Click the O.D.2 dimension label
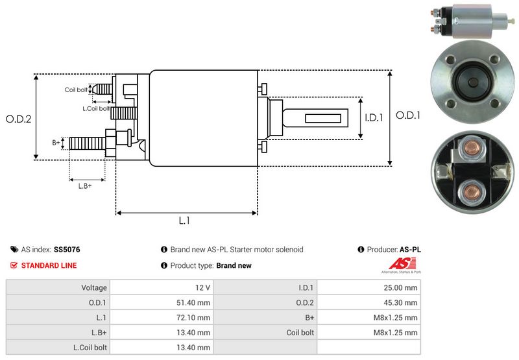coord(19,119)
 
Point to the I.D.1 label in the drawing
coord(374,118)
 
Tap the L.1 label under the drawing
coord(184,221)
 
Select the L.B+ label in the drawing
coord(85,186)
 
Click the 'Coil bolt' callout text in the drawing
coord(75,90)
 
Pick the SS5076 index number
coord(67,249)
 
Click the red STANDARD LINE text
coord(49,265)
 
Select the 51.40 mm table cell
coord(194,302)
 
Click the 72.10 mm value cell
coord(194,317)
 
